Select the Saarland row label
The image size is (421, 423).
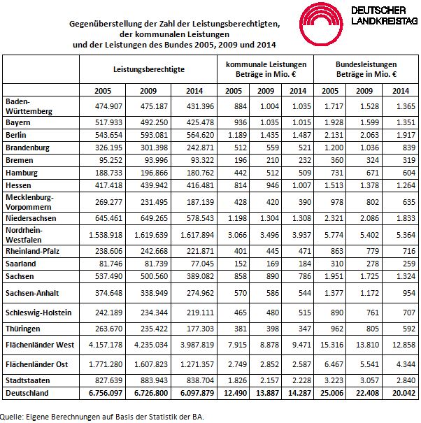20,263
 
